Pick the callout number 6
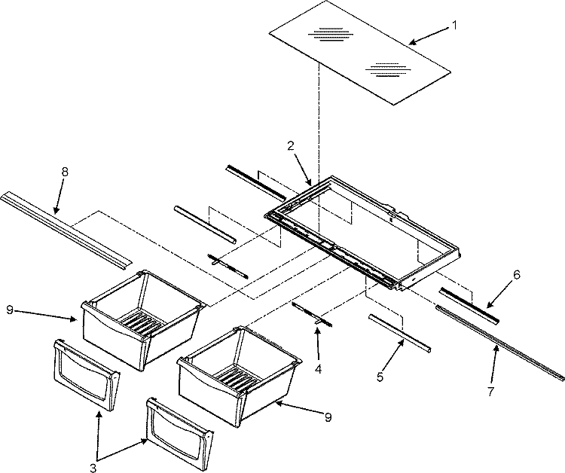(x=516, y=276)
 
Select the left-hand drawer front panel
(x=84, y=374)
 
